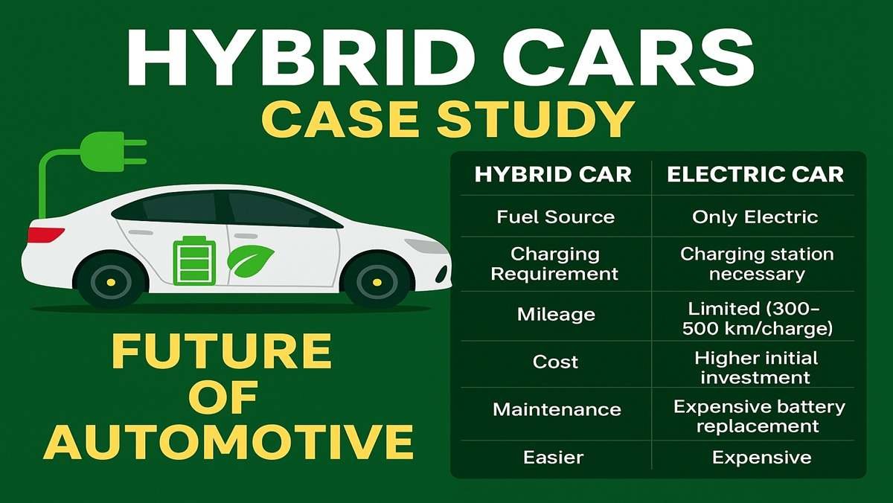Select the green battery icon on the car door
(194, 261)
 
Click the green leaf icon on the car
(250, 260)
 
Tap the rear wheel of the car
(110, 282)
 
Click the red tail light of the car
(45, 235)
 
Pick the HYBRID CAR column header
(553, 175)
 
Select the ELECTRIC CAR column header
(755, 175)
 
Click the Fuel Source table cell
(555, 217)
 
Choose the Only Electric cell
(755, 217)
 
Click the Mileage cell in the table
(556, 314)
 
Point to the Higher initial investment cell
(755, 368)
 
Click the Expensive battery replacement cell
(759, 417)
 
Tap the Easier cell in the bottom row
(554, 457)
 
